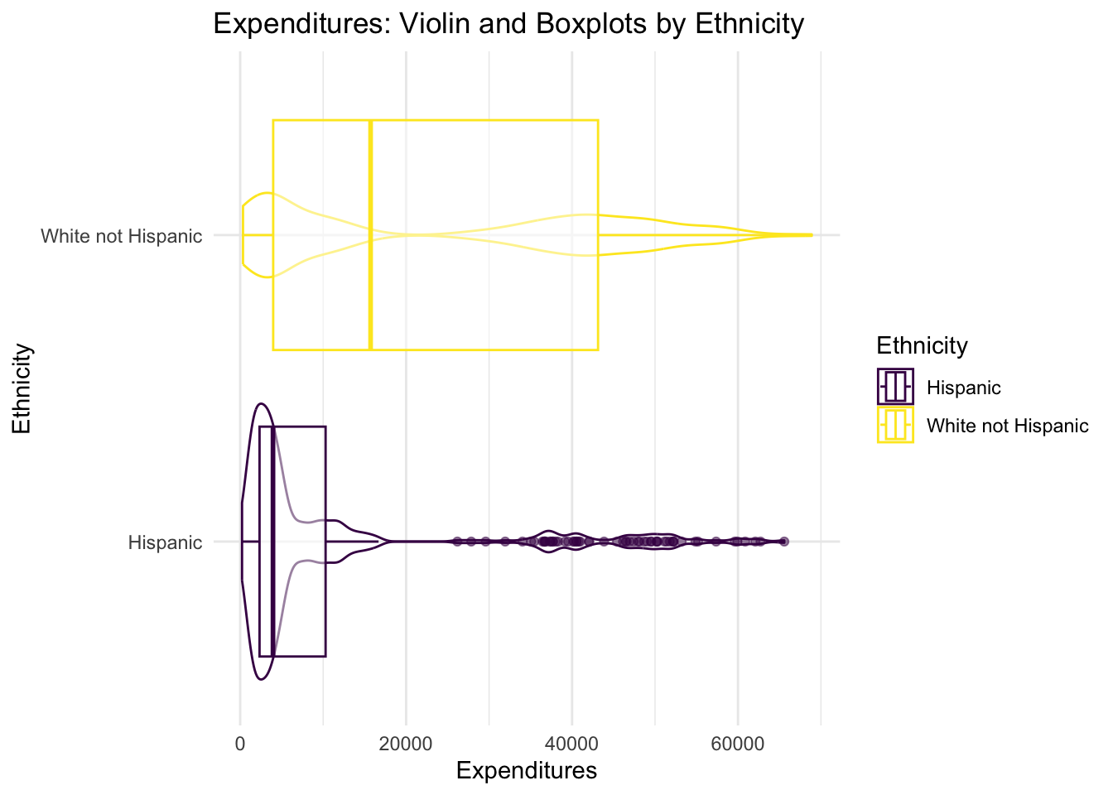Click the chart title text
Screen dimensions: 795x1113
pos(508,24)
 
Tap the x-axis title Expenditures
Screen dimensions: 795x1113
pos(527,771)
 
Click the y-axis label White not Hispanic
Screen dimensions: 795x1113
pos(122,237)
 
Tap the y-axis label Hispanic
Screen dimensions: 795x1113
pos(165,543)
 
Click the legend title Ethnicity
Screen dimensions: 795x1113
pos(922,345)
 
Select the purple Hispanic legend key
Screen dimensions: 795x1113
pos(895,387)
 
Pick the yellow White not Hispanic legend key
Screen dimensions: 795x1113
pos(895,426)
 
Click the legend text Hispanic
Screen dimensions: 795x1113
pos(964,388)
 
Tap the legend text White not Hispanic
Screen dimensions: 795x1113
pos(1007,426)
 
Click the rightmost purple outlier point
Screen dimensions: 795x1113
pos(784,542)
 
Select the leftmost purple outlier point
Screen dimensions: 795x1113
pos(457,542)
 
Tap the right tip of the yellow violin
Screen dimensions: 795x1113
pos(812,235)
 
